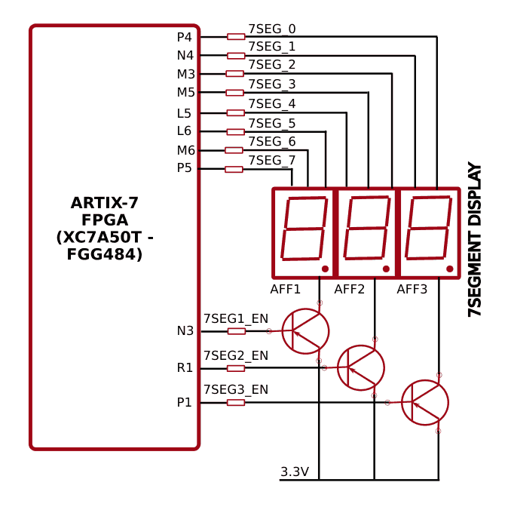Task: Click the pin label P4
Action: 184,37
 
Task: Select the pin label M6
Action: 185,150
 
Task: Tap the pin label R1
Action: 185,368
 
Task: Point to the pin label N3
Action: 185,331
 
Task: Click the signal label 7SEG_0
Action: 271,29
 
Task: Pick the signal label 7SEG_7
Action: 271,160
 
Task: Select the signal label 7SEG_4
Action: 271,103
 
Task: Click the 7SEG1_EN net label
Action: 235,319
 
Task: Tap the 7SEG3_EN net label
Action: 235,390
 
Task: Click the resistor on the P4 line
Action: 236,37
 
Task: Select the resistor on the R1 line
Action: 236,368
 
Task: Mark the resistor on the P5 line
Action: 234,169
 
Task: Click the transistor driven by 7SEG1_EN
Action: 305,331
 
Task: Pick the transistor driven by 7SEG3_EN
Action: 424,402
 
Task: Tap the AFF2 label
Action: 349,290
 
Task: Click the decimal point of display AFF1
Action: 325,269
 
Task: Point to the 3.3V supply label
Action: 295,472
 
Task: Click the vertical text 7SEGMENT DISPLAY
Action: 475,239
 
